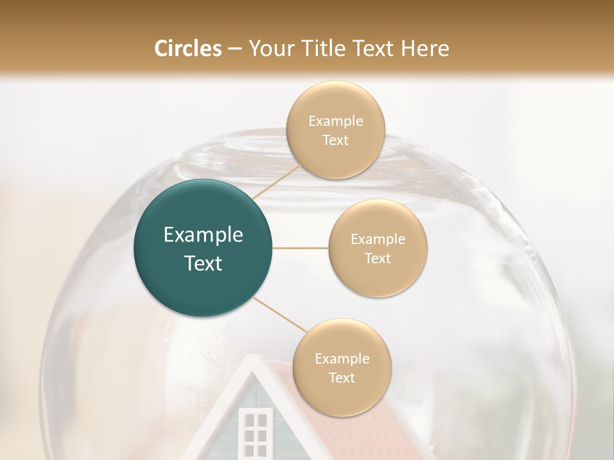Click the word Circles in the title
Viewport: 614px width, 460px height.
point(187,49)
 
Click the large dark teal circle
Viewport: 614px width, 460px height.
point(203,248)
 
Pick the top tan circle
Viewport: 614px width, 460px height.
point(335,130)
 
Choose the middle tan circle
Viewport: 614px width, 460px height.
point(377,248)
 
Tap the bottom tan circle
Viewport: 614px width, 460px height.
point(342,367)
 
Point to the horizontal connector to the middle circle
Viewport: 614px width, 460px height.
point(300,248)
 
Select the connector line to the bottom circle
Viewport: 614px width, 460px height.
point(279,314)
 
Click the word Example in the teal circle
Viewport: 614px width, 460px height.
point(203,235)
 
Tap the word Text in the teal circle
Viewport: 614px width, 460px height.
point(203,263)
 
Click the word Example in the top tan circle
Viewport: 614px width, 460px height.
point(335,121)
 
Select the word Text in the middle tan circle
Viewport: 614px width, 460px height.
point(377,258)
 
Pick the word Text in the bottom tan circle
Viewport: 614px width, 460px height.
point(342,378)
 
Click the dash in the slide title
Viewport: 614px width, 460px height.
point(234,49)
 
